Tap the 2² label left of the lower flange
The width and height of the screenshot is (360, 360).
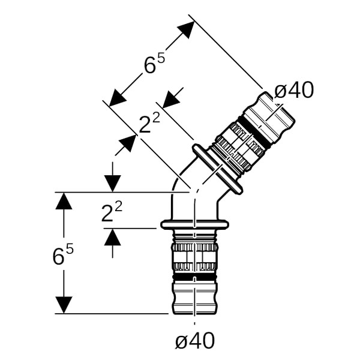(x=112, y=212)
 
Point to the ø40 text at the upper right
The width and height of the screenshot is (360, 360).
(x=294, y=90)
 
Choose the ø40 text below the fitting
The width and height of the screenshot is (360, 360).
(x=195, y=341)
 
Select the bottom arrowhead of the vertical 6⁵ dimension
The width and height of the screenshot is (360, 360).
(x=64, y=305)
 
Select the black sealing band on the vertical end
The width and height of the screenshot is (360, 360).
(x=194, y=279)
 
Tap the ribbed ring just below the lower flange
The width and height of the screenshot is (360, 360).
(x=194, y=246)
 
